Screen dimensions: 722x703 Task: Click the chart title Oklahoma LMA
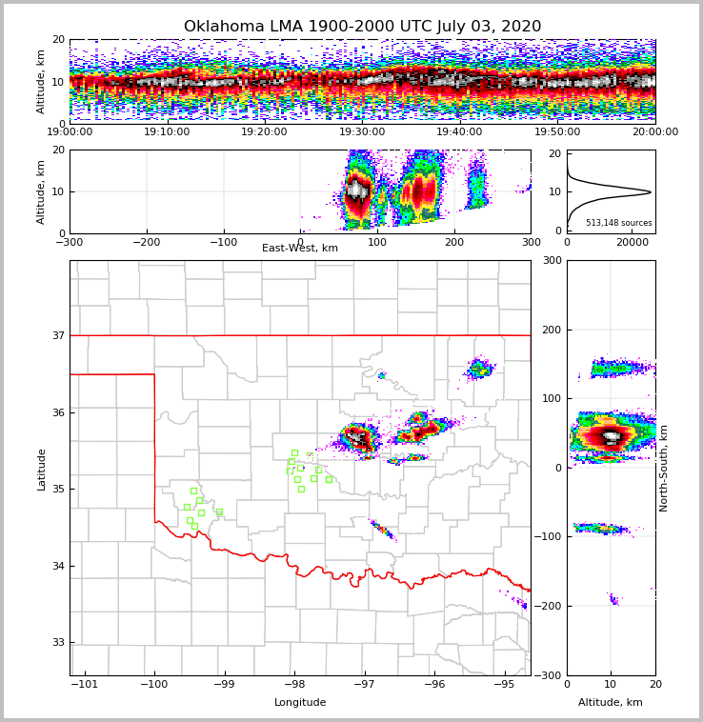pyautogui.click(x=362, y=27)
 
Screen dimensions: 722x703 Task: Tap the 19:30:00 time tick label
pyautogui.click(x=362, y=132)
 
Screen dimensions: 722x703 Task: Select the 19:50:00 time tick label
pyautogui.click(x=557, y=132)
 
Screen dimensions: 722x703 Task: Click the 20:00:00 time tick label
pyautogui.click(x=654, y=132)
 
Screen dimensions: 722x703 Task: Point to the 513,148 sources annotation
pyautogui.click(x=618, y=223)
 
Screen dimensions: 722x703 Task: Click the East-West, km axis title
pyautogui.click(x=300, y=249)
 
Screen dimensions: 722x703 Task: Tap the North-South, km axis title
pyautogui.click(x=664, y=468)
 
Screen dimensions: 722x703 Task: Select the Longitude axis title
pyautogui.click(x=300, y=703)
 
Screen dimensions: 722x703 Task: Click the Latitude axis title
pyautogui.click(x=42, y=469)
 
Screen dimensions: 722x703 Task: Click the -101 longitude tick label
pyautogui.click(x=85, y=684)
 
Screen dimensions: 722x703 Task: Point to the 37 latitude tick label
pyautogui.click(x=58, y=335)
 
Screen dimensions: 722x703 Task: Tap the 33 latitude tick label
pyautogui.click(x=58, y=642)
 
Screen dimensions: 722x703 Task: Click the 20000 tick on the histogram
pyautogui.click(x=632, y=242)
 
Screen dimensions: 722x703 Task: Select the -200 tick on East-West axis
pyautogui.click(x=146, y=242)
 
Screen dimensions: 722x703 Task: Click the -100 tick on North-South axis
pyautogui.click(x=552, y=537)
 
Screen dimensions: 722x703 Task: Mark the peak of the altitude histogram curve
pyautogui.click(x=651, y=192)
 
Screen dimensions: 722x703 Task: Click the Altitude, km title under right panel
pyautogui.click(x=611, y=703)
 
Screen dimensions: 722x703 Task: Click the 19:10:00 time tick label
pyautogui.click(x=167, y=132)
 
